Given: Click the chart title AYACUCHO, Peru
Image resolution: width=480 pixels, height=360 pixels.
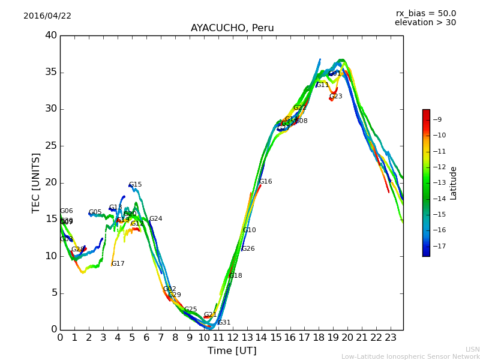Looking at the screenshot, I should coord(232,28).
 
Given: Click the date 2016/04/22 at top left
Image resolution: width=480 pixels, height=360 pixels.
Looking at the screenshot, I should coord(47,16).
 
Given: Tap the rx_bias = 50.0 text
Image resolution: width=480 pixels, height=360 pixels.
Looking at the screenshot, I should coord(425,13).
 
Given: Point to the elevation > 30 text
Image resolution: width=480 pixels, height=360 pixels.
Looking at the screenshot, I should coord(425,23).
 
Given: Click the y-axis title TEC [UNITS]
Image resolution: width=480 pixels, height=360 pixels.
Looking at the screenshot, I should coord(37,182).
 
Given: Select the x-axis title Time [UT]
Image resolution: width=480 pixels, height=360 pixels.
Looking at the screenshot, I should coord(232,351).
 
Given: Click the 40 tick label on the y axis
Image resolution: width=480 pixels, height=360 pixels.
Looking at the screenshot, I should coord(51,35).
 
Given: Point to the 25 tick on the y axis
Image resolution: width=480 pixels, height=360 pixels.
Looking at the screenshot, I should coord(51,146).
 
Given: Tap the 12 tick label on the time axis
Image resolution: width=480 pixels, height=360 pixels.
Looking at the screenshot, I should coord(232,337).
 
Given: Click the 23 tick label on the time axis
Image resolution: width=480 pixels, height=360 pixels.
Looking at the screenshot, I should coord(391,337).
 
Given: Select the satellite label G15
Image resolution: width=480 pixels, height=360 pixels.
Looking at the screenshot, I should coord(135,185).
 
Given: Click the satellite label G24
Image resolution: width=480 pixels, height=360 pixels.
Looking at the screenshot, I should coord(155,219).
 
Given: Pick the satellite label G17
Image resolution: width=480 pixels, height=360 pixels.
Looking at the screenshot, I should coord(118,264).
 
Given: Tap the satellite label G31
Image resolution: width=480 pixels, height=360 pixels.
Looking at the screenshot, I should coord(224,323).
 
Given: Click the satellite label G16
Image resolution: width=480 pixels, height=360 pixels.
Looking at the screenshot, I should coord(265,182).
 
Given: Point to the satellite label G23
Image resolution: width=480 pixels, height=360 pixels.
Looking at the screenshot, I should coord(335,97).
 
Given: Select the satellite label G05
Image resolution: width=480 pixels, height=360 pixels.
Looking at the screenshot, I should coord(95,212).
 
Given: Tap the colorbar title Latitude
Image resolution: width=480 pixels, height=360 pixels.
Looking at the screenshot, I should coord(454,183).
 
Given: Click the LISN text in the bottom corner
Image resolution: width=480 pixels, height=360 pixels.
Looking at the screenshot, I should coord(473,349).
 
